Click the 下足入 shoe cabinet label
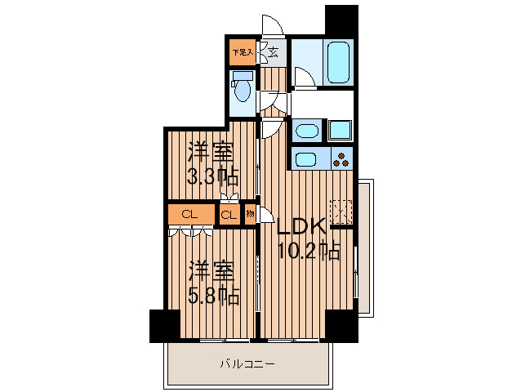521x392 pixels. [242, 52]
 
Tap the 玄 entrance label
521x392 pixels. [272, 53]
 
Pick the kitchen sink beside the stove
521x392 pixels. [307, 158]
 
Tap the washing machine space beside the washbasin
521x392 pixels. [340, 130]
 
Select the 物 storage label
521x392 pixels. [249, 215]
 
